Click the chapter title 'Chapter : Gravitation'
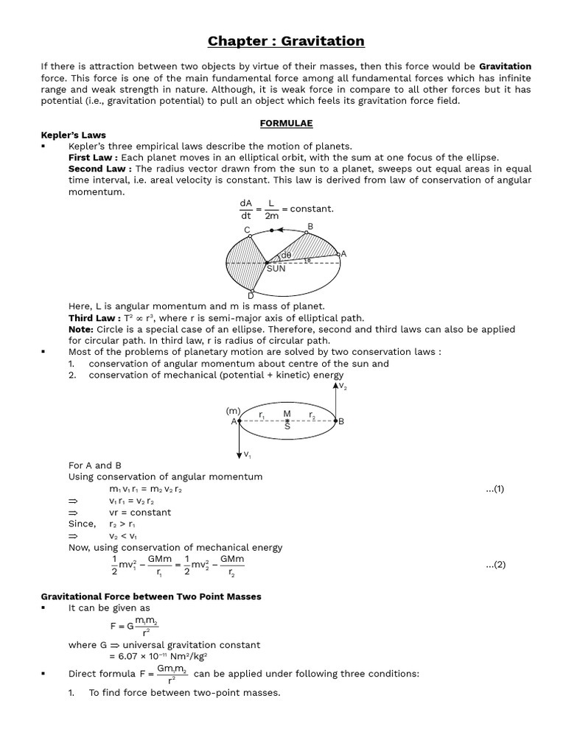click(285, 41)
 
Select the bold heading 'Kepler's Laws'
click(73, 135)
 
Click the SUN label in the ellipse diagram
click(276, 269)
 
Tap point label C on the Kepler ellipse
click(248, 230)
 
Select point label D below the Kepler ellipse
click(251, 296)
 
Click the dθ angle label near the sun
click(287, 256)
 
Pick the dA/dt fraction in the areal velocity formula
click(245, 209)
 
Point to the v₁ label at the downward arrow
click(248, 454)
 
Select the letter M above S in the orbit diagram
click(287, 414)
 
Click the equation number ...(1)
click(495, 489)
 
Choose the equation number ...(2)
click(495, 565)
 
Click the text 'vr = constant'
click(139, 512)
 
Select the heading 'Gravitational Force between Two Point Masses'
click(150, 596)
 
